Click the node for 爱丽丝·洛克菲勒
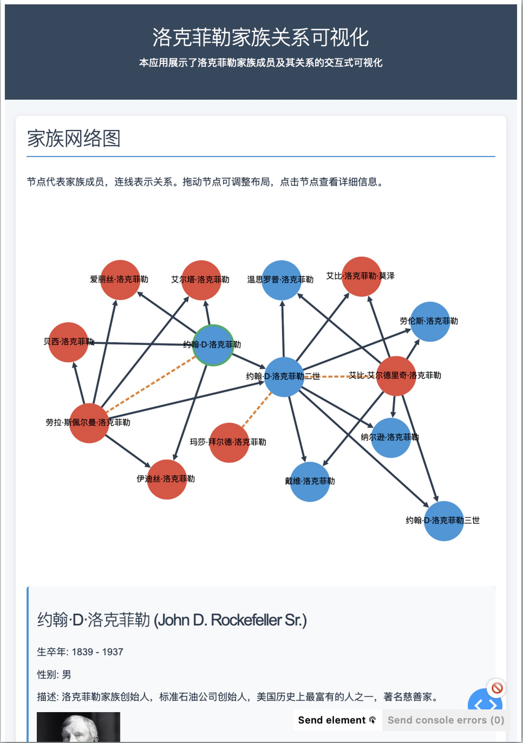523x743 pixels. coord(120,280)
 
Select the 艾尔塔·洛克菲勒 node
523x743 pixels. coord(201,280)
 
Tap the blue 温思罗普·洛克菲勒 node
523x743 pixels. coord(282,280)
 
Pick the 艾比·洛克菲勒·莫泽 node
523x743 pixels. coord(361,277)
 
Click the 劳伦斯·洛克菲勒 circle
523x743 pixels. coord(430,322)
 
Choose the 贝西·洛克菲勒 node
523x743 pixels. coord(68,342)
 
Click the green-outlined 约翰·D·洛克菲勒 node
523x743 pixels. coord(213,345)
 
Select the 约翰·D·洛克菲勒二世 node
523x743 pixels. coord(284,377)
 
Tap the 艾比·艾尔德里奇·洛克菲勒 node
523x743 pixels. coord(396,376)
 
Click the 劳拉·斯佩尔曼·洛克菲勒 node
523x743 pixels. coord(89,423)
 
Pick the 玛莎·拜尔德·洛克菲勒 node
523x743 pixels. coord(229,443)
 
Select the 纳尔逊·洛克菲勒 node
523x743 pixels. coord(391,438)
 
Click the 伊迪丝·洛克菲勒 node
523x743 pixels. coord(167,479)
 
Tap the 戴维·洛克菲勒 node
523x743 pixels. coord(310,481)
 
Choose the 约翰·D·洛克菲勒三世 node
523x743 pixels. coord(444,521)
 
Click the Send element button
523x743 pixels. coord(337,720)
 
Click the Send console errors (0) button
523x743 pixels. coord(446,720)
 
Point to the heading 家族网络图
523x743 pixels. coord(74,139)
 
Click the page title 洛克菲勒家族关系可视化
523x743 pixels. coord(261,37)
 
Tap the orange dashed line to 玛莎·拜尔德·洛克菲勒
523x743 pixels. coord(257,410)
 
